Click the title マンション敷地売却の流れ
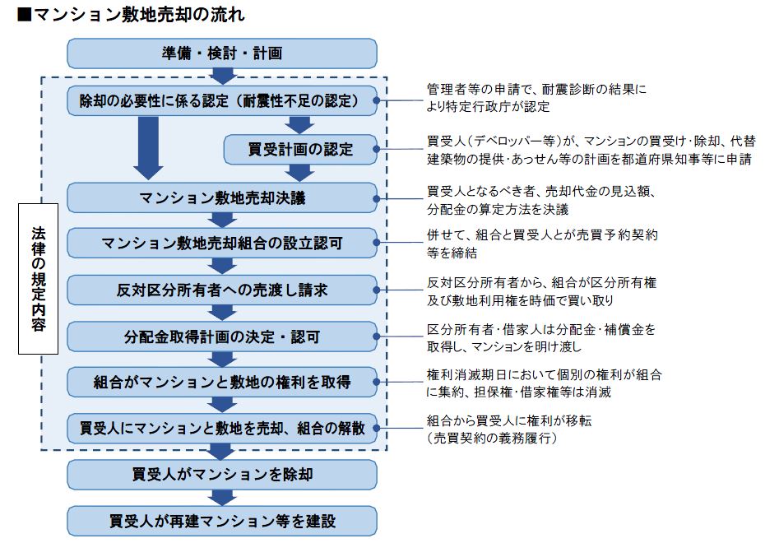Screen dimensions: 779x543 pyautogui.click(x=139, y=14)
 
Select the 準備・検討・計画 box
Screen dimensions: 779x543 pyautogui.click(x=222, y=53)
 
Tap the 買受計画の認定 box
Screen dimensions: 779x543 pyautogui.click(x=300, y=149)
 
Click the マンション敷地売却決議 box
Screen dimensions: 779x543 pyautogui.click(x=222, y=197)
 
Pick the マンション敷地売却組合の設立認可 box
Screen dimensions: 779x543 pyautogui.click(x=222, y=243)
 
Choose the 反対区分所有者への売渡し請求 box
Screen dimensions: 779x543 pyautogui.click(x=222, y=290)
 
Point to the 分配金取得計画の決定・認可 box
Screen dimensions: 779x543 pyautogui.click(x=222, y=336)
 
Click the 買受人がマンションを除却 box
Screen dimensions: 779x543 pyautogui.click(x=222, y=475)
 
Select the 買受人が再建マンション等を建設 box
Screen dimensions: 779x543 pyautogui.click(x=222, y=521)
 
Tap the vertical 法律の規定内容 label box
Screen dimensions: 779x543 pyautogui.click(x=39, y=279)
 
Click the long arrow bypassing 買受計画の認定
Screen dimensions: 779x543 pyautogui.click(x=148, y=148)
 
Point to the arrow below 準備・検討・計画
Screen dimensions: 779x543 pyautogui.click(x=223, y=76)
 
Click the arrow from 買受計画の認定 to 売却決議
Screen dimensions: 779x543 pyautogui.click(x=299, y=173)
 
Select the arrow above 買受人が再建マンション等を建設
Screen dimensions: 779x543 pyautogui.click(x=222, y=497)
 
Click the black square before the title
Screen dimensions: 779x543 pyautogui.click(x=25, y=15)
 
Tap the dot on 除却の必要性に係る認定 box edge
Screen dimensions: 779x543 pyautogui.click(x=376, y=100)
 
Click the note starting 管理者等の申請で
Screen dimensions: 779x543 pyautogui.click(x=536, y=98)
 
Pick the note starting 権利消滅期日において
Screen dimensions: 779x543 pyautogui.click(x=544, y=383)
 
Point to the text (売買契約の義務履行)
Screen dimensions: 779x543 pyautogui.click(x=492, y=438)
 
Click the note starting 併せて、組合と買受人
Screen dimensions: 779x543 pyautogui.click(x=542, y=244)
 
